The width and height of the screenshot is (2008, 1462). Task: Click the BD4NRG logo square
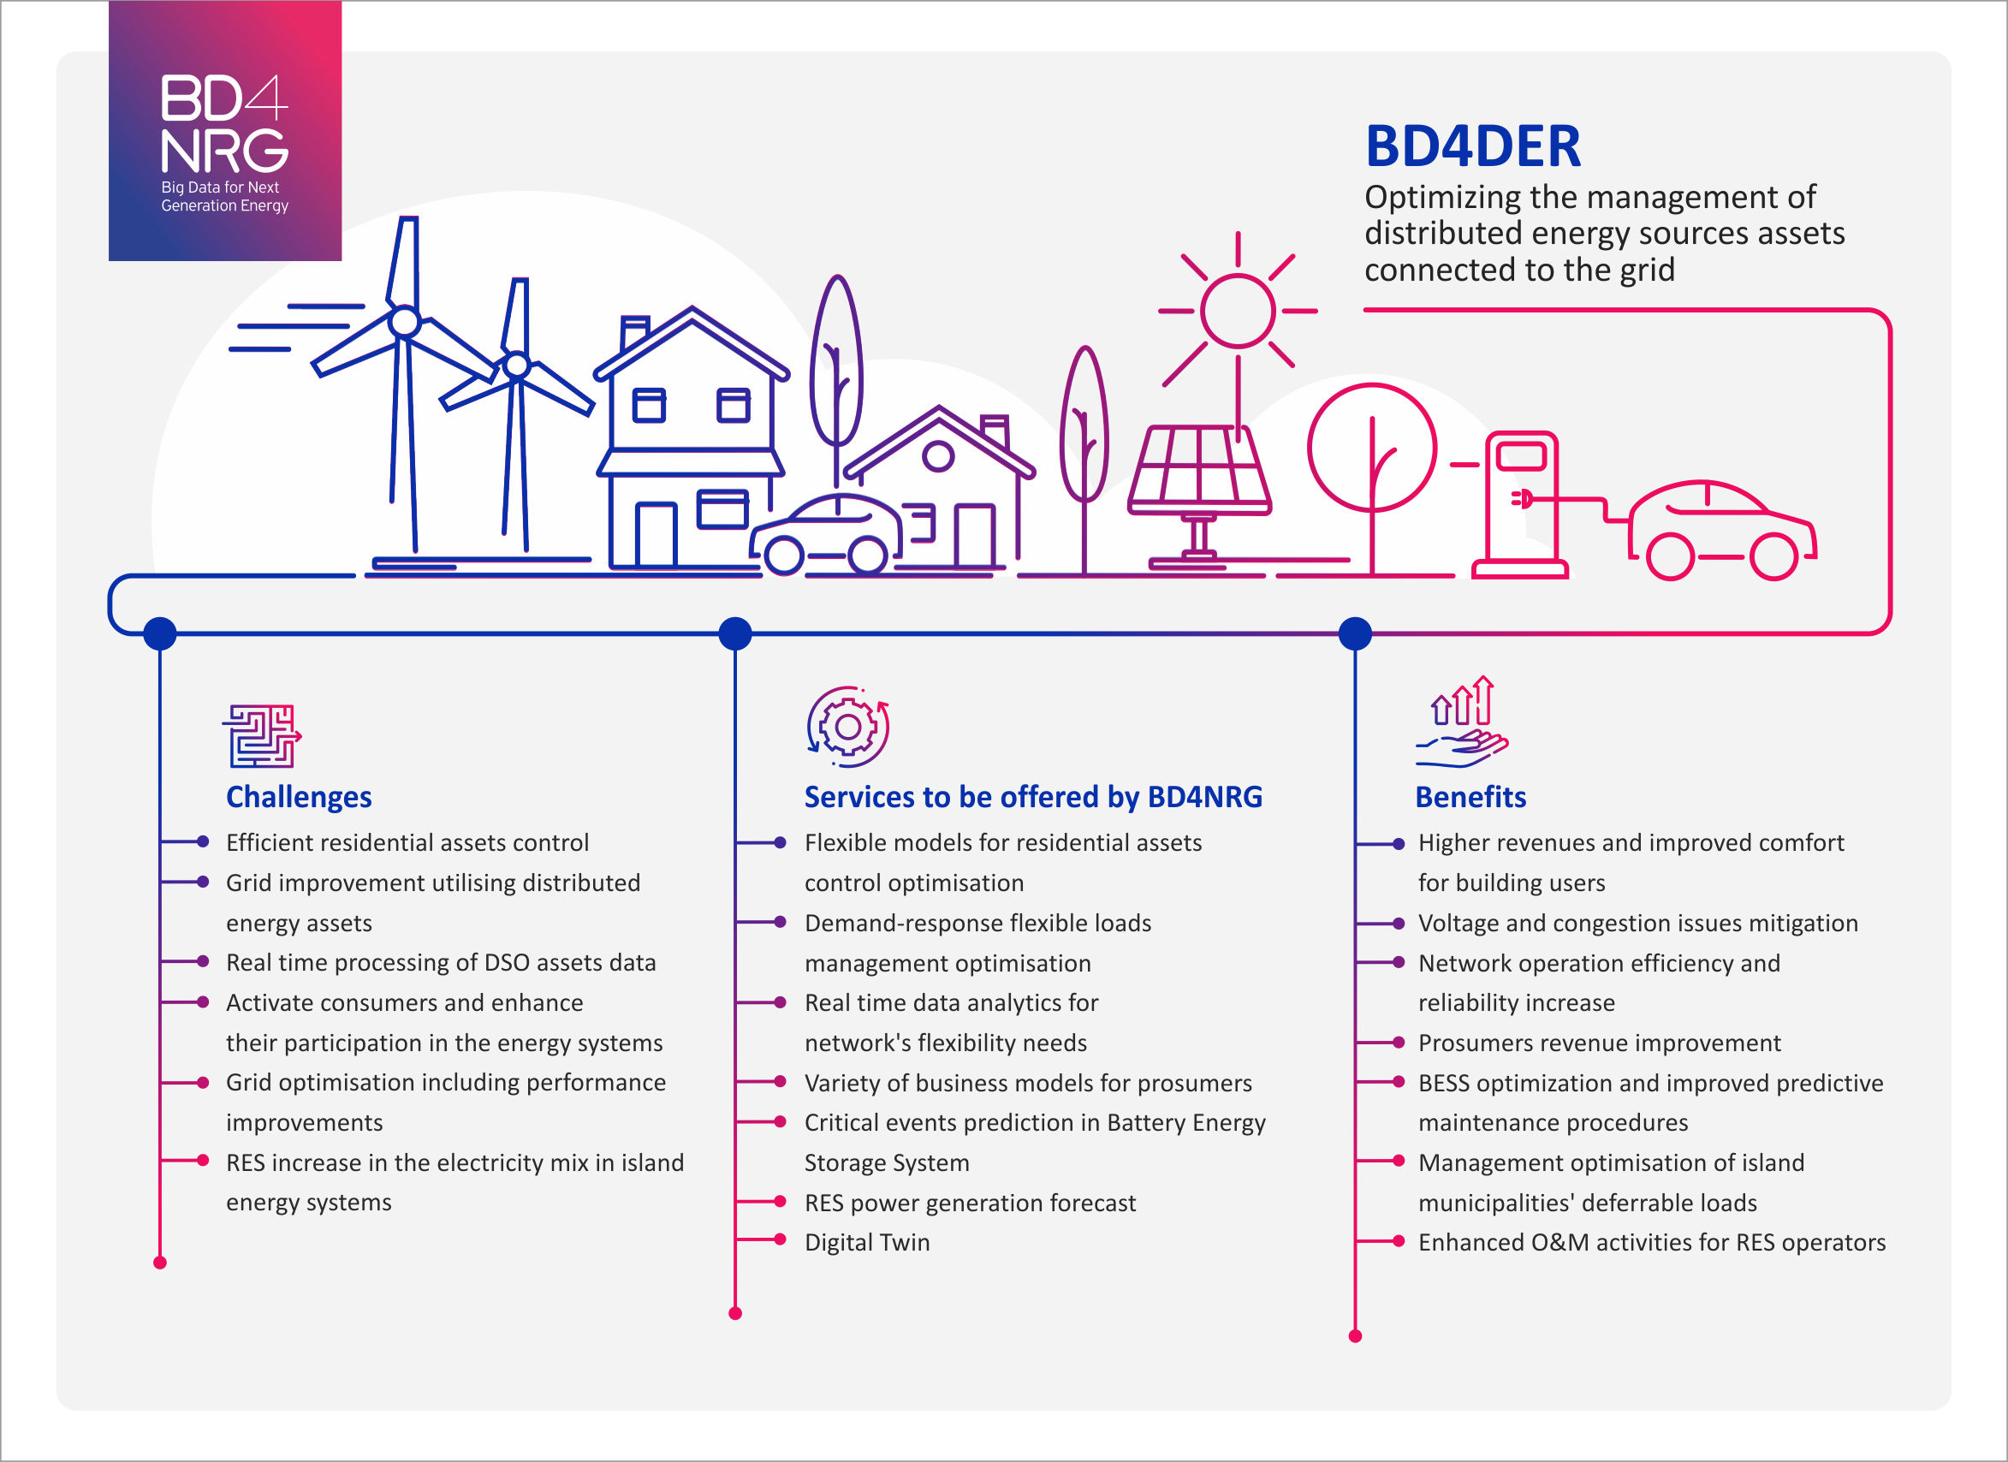(225, 131)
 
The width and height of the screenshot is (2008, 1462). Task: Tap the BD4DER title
(1472, 146)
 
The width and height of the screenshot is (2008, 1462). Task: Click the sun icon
(1237, 311)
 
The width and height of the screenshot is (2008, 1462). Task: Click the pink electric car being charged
(1721, 532)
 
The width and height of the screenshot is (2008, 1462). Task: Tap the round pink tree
(1371, 448)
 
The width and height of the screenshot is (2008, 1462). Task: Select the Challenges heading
(299, 797)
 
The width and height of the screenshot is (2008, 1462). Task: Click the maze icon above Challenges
(261, 735)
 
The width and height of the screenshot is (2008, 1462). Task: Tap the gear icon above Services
(847, 726)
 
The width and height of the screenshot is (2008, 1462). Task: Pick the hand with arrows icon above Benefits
(1462, 722)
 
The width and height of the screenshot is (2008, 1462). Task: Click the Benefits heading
(1470, 797)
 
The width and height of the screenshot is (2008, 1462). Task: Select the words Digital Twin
(867, 1242)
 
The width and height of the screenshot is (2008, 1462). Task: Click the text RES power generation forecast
(970, 1203)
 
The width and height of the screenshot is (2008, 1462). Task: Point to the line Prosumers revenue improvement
(1599, 1043)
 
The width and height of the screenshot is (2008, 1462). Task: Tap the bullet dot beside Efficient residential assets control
(203, 841)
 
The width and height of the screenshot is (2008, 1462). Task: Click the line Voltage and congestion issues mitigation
(1637, 923)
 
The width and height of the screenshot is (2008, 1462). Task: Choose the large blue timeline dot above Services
(735, 633)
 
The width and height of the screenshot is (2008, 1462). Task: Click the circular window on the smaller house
(937, 456)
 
